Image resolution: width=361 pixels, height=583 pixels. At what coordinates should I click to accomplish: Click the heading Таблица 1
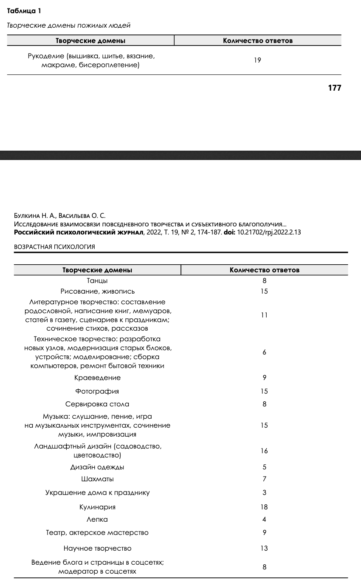(24, 11)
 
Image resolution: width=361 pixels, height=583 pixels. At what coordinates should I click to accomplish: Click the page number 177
(335, 88)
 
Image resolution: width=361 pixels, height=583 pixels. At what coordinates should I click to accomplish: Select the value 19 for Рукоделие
(257, 60)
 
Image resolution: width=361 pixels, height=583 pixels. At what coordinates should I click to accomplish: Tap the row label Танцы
(97, 281)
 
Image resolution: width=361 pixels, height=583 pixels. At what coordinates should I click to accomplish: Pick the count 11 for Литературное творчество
(264, 315)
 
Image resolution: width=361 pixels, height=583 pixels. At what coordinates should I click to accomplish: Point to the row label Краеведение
(97, 378)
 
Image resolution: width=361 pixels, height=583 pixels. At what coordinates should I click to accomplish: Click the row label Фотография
(97, 391)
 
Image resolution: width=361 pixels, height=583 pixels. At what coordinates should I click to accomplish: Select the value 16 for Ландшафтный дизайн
(264, 451)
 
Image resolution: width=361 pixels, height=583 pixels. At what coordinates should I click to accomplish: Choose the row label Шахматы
(97, 479)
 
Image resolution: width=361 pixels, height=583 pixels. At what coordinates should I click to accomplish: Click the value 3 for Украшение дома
(264, 493)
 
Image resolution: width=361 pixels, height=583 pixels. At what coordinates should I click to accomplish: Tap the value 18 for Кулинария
(264, 507)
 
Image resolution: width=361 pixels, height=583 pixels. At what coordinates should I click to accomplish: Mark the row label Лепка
(97, 520)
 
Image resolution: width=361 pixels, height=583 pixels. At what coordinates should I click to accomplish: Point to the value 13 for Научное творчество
(264, 549)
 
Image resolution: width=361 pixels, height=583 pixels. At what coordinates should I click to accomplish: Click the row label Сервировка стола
(97, 404)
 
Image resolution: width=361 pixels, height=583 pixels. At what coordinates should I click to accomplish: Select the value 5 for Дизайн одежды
(264, 467)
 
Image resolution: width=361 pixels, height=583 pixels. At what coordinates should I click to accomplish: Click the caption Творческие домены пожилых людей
(68, 26)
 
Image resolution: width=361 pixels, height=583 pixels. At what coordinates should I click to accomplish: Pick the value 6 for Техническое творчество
(264, 353)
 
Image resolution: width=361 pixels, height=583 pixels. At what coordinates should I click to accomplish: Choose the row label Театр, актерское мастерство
(97, 533)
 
